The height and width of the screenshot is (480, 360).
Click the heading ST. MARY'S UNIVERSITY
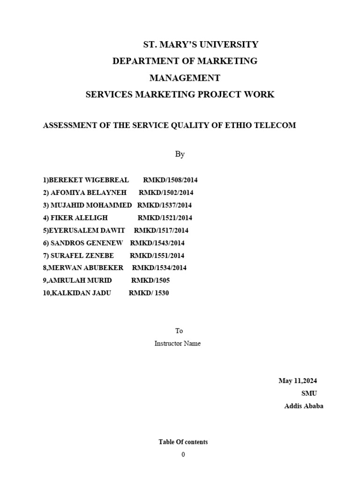click(x=200, y=45)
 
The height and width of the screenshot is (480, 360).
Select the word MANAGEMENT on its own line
click(x=184, y=77)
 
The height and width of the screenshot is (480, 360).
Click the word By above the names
click(x=180, y=154)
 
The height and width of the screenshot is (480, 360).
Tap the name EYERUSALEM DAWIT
click(x=87, y=231)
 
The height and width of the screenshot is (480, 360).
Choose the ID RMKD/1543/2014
click(x=157, y=243)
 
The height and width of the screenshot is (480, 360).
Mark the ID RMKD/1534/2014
click(x=159, y=268)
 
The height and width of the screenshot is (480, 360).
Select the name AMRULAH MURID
click(x=81, y=280)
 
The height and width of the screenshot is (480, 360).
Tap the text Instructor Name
click(x=178, y=344)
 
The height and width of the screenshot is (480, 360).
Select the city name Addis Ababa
click(x=303, y=406)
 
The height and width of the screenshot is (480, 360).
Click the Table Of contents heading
click(x=183, y=442)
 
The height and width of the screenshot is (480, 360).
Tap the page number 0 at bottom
click(x=183, y=455)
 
